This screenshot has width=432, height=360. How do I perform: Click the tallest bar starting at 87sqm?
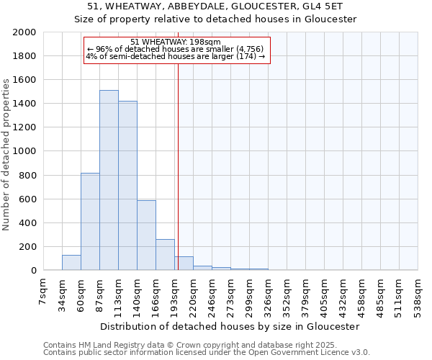[x=109, y=180]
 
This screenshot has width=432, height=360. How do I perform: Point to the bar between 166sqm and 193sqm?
[x=165, y=255]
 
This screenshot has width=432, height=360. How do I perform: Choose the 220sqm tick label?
[x=194, y=292]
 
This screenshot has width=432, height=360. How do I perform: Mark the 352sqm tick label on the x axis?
[x=287, y=292]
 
